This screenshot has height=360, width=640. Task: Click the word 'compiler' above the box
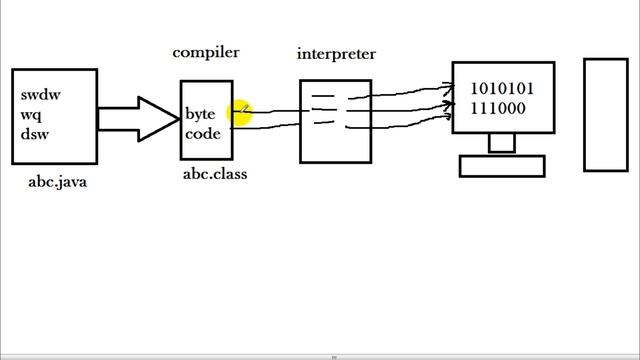(x=205, y=53)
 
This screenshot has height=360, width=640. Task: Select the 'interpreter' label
(x=336, y=54)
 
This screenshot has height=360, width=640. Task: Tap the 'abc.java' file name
(x=57, y=182)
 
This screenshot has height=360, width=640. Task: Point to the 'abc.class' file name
(x=214, y=174)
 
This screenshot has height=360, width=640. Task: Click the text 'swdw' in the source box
(x=41, y=95)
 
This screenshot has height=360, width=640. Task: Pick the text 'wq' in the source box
(x=31, y=114)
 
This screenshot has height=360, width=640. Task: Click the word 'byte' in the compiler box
(x=200, y=114)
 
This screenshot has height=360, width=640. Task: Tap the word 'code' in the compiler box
(x=202, y=134)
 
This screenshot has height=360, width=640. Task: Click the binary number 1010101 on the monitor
(x=501, y=88)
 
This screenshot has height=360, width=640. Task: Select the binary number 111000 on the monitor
(x=498, y=108)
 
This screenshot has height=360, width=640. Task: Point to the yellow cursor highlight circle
(x=240, y=113)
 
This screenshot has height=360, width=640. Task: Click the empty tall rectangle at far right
(x=606, y=115)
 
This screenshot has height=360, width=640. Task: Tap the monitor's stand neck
(x=501, y=144)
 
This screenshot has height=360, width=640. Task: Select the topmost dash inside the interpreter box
(x=323, y=96)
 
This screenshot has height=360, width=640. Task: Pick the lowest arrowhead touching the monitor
(x=447, y=117)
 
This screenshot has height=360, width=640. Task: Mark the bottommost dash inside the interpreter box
(x=323, y=123)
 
